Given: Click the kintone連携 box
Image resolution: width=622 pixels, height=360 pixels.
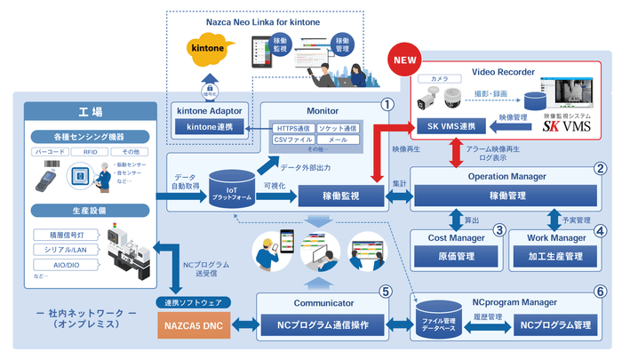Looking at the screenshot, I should [209, 128].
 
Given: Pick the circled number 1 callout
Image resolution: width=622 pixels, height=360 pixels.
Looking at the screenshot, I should [387, 103].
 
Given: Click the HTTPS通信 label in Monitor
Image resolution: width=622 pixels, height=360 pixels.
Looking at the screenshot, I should [296, 130].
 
